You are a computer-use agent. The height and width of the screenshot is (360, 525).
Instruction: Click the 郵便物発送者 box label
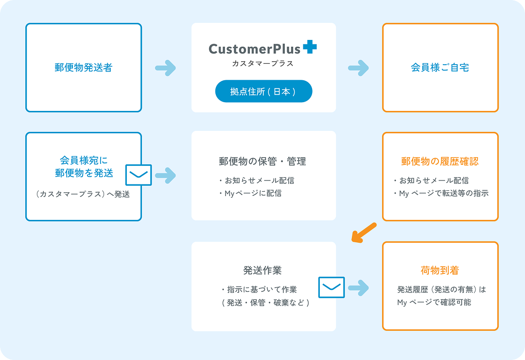coord(84,67)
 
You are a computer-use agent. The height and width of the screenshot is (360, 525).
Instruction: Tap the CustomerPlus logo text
coord(254,49)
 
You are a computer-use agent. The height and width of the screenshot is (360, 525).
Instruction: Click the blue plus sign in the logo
coord(310,47)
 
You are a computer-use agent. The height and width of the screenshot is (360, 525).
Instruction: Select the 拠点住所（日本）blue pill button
coord(263,91)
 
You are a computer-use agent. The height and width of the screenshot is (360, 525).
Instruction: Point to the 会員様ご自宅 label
coord(440,67)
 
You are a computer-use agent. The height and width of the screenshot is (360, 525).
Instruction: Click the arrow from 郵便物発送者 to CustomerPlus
coord(165,68)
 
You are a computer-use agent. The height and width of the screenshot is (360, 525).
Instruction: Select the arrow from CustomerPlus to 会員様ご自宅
coord(358,68)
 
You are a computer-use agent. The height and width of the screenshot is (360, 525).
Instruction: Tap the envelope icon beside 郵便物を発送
coord(139,175)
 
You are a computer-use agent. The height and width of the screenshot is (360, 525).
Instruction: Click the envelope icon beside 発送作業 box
coord(332,287)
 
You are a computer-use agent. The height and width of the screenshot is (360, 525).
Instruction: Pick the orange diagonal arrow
coord(364,232)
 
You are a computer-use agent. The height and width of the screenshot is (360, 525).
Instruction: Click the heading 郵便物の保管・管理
coord(262,161)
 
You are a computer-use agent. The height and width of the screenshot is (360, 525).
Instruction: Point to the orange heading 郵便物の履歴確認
coord(440,161)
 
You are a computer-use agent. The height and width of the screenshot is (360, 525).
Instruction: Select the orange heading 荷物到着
coord(440,270)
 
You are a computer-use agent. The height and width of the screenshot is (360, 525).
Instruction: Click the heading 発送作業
coord(262,270)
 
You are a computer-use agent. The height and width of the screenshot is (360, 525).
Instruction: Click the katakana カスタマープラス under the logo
coord(263,63)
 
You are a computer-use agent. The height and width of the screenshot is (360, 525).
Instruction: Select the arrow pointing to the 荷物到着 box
coord(358,288)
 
